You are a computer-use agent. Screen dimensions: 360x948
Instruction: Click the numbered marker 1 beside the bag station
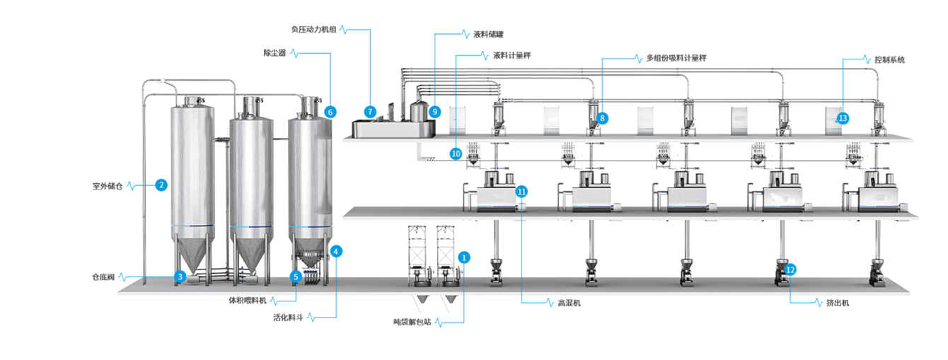[464, 257]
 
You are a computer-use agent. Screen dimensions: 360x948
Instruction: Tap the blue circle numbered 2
[161, 185]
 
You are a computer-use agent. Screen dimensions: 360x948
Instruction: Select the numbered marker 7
[370, 112]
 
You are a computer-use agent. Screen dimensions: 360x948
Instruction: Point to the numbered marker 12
[790, 269]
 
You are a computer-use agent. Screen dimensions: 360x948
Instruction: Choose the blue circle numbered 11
[521, 192]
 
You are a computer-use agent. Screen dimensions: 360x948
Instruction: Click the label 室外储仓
[108, 186]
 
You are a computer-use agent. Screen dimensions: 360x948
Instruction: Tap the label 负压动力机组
[313, 30]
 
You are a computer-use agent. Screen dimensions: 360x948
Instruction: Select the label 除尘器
[274, 53]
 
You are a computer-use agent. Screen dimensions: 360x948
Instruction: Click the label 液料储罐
[488, 33]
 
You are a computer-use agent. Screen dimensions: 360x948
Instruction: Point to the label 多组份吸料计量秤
[676, 59]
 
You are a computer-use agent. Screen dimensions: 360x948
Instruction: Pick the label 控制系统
[889, 60]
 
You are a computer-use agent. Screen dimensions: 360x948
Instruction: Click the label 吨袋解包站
[412, 322]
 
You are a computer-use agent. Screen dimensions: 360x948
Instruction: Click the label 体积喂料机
[247, 300]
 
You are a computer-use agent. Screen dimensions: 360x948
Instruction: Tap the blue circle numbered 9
[434, 112]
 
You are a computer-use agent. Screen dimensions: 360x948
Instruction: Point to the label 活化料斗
[288, 318]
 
